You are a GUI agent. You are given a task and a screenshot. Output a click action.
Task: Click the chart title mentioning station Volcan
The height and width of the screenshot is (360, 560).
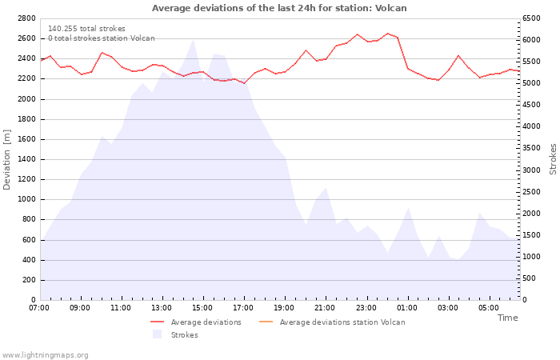point(279,8)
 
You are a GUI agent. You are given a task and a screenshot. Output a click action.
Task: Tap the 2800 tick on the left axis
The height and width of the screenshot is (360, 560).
point(26,18)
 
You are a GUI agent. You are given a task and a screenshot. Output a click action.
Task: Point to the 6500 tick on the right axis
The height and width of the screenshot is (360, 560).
point(531,18)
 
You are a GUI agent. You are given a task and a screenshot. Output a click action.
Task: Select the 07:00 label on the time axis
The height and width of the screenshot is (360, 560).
point(39,308)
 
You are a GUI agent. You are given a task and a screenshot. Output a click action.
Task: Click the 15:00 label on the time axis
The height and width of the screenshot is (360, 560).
point(202,308)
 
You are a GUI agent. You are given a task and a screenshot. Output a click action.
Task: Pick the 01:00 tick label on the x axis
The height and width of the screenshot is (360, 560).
point(406,308)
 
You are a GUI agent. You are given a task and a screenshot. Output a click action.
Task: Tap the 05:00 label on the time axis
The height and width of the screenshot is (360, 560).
point(489,308)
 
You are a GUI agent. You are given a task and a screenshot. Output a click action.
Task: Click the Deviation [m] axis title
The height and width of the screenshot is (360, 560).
point(6,160)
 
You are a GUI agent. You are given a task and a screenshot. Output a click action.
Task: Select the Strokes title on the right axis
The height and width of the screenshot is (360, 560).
point(553,159)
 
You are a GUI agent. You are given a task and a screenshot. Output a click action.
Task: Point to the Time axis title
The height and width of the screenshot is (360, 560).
point(508,318)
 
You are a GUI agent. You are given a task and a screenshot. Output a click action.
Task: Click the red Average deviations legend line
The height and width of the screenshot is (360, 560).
point(157,322)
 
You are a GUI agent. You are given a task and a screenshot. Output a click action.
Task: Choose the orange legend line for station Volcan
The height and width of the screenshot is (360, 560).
point(266,322)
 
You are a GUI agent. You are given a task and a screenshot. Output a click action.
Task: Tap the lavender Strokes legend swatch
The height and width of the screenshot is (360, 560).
point(157,334)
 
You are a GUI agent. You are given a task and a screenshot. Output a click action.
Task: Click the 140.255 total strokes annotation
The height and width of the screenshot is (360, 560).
point(86,29)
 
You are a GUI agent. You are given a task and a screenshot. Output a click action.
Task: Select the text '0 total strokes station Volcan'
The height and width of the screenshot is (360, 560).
point(102,38)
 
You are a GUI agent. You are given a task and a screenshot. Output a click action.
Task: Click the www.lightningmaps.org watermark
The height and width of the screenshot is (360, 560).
point(45,355)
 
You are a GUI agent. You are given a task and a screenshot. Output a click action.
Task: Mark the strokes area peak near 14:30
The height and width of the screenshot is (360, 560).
point(194,39)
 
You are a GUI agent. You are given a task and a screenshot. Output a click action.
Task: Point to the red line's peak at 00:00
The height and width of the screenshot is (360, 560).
point(387,34)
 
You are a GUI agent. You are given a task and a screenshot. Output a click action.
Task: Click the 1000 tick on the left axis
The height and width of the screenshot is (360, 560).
point(26,200)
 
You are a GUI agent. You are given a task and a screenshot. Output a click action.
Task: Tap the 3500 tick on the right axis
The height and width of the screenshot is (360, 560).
point(531,148)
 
